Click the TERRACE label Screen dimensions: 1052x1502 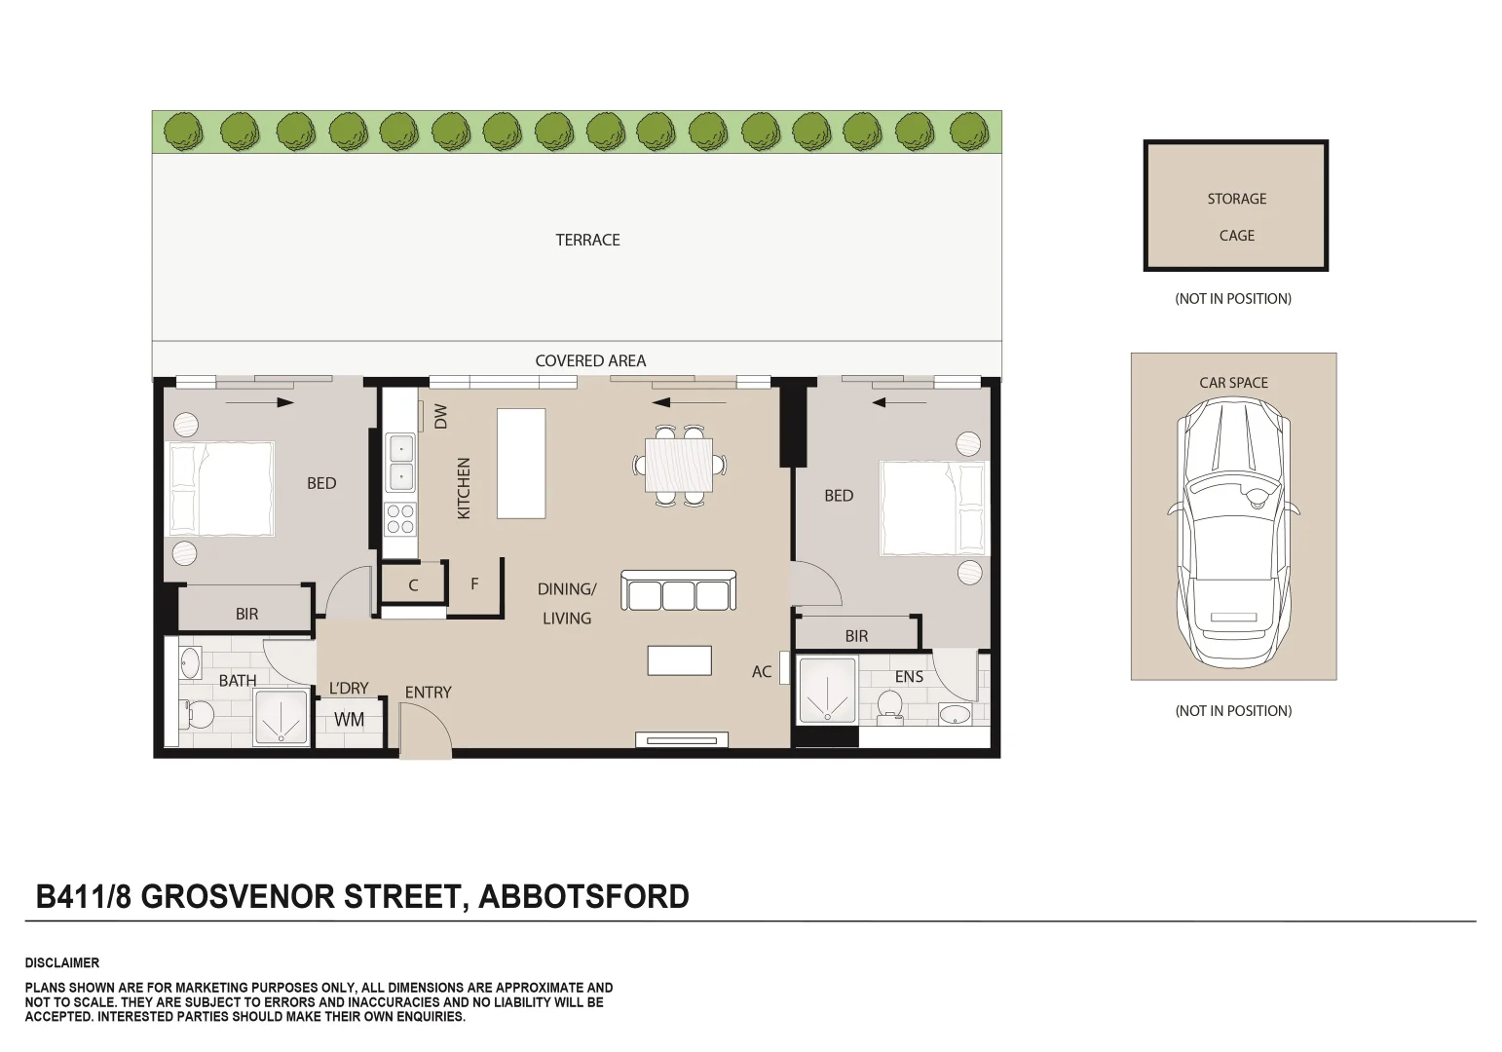pos(587,240)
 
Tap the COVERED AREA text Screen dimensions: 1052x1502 pos(590,360)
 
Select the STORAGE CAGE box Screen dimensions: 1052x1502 pos(1235,206)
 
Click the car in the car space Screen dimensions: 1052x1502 pos(1233,531)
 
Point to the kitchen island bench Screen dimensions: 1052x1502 pos(521,463)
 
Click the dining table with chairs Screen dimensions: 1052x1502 pos(679,465)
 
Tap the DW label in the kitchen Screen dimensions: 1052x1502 pos(440,416)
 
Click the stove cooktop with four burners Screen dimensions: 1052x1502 pos(400,518)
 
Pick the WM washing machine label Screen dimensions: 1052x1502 pos(349,720)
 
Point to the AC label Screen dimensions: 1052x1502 pos(762,671)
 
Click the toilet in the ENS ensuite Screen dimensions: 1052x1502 pos(889,706)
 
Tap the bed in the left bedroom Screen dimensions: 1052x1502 pos(221,488)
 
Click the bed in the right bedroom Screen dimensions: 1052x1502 pos(933,507)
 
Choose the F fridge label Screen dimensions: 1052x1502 pos(474,583)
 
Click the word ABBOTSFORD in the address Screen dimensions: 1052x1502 pos(583,895)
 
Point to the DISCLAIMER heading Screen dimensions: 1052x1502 pos(62,962)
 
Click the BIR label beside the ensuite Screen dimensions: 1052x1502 pos(856,636)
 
